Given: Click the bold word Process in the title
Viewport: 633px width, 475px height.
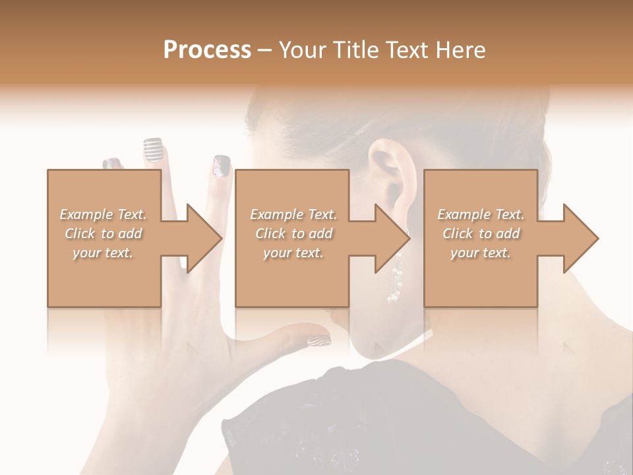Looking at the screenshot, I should click(207, 49).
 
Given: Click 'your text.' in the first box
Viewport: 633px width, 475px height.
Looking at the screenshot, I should click(103, 252).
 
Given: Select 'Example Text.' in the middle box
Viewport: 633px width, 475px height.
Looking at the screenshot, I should click(293, 214).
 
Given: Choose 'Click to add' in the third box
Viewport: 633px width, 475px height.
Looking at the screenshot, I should click(480, 234).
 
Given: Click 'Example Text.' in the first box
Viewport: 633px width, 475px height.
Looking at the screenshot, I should click(103, 214).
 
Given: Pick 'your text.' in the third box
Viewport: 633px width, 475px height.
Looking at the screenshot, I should click(480, 252).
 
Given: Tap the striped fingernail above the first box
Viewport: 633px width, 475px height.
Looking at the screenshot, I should click(152, 150).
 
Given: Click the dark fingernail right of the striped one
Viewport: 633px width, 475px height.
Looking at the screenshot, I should click(221, 166).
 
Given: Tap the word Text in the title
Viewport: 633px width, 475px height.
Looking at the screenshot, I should click(406, 49).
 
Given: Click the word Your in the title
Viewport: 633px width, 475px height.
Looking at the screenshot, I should click(303, 49).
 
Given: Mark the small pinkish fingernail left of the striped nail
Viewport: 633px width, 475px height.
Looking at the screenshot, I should click(112, 164).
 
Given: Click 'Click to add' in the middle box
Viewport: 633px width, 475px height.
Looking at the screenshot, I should click(293, 234).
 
